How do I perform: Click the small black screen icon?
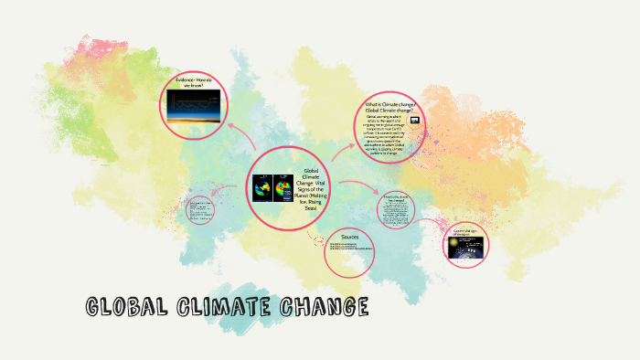414,120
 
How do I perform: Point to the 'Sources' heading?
350,237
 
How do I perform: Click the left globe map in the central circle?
262,189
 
